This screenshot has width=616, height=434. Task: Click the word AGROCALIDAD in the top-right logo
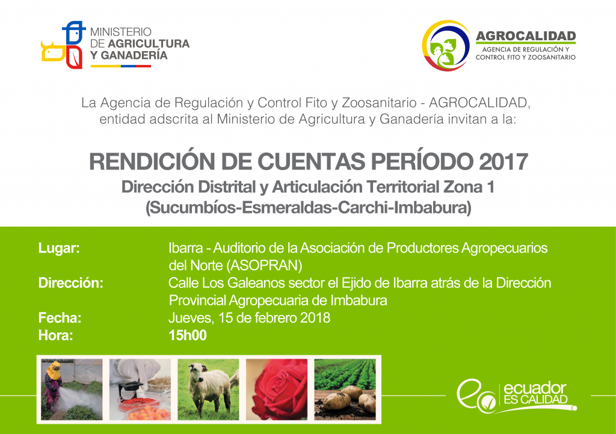(526, 36)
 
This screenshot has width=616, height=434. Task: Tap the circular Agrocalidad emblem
(446, 46)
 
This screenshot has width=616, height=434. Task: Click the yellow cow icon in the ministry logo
(54, 52)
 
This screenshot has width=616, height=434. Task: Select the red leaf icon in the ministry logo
(74, 57)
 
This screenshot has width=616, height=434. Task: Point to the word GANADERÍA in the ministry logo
(134, 55)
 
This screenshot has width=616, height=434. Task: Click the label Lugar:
(59, 248)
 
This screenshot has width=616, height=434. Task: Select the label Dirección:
(71, 283)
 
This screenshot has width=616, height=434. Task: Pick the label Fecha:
(60, 318)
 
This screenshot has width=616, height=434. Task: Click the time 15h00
(188, 335)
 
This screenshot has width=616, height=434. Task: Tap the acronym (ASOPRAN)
(264, 266)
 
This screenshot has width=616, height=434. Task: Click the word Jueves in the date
(191, 318)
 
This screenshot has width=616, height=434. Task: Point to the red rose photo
(277, 390)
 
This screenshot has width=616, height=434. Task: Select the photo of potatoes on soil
(345, 390)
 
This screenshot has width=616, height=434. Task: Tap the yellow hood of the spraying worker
(54, 370)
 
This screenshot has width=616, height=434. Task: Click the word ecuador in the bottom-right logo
(535, 388)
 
